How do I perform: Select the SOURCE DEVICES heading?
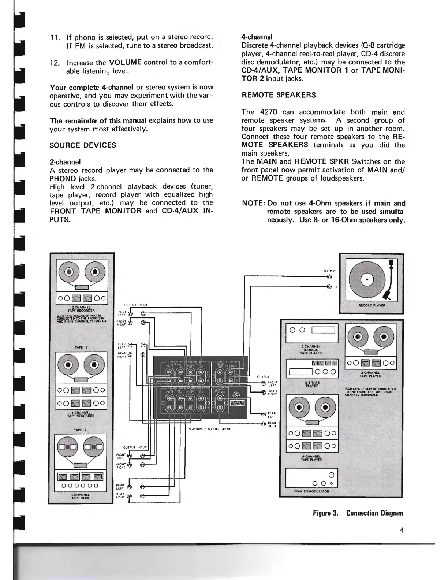pos(83,145)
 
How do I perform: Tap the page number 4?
pos(402,530)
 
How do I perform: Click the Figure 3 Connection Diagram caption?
pos(358,513)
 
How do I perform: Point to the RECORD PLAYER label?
pos(372,305)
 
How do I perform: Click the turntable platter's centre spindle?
pos(367,281)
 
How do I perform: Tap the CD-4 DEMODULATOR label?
pos(311,492)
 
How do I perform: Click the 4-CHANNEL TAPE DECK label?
pos(81,496)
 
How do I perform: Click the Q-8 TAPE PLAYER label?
pos(312,384)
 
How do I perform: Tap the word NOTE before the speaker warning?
pos(254,204)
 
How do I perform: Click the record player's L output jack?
pos(329,277)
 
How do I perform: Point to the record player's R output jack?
pos(329,287)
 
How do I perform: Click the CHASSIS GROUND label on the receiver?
pos(238,404)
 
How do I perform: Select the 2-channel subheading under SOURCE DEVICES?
pos(65,162)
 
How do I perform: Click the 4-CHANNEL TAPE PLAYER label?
pos(311,458)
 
